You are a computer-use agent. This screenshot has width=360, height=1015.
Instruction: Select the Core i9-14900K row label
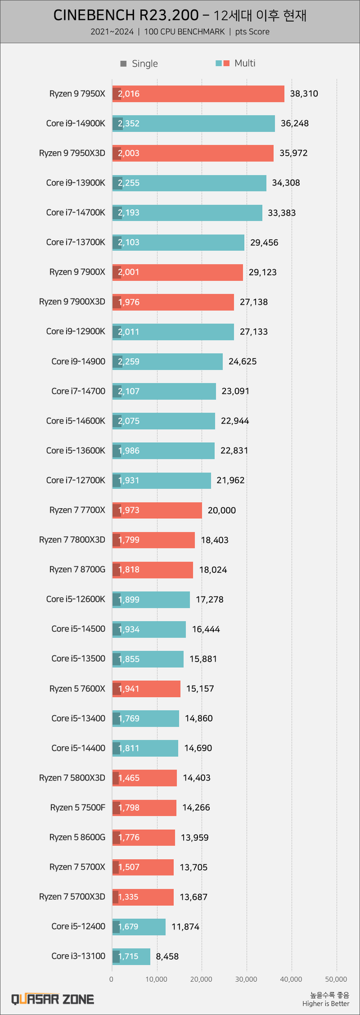tap(75, 123)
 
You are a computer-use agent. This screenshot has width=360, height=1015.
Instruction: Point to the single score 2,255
tap(129, 183)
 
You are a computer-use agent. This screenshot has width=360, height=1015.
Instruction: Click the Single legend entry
tap(139, 64)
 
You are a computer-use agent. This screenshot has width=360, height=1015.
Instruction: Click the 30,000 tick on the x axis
tap(246, 979)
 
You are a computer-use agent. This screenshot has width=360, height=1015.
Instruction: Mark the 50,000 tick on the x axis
tap(336, 979)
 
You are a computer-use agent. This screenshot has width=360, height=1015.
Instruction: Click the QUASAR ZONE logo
tap(53, 999)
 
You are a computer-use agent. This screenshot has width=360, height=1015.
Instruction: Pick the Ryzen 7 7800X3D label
tap(72, 540)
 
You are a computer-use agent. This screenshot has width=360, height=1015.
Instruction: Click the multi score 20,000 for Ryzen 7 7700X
tap(222, 510)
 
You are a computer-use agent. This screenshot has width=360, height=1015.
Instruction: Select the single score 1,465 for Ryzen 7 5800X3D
tap(129, 778)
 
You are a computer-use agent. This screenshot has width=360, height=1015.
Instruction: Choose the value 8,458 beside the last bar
tap(167, 956)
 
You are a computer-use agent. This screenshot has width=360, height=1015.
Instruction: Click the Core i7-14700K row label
tap(75, 212)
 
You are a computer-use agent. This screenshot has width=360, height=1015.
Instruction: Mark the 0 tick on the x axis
tap(111, 979)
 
